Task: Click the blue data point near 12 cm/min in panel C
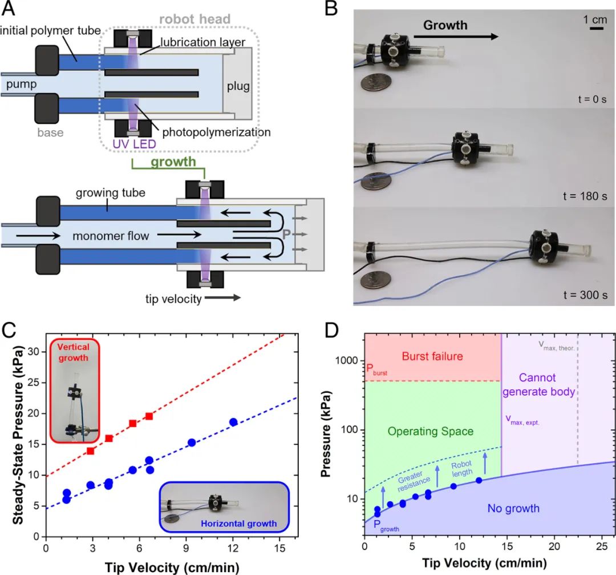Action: [x=233, y=422]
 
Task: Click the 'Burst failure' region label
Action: [x=432, y=356]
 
